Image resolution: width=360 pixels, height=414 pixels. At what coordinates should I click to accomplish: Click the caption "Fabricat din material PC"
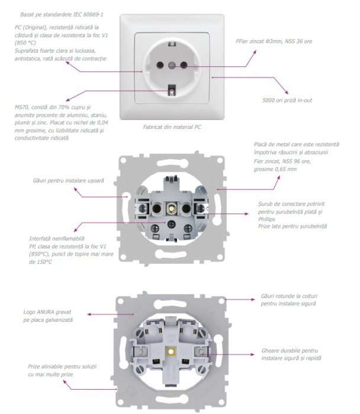point(172,127)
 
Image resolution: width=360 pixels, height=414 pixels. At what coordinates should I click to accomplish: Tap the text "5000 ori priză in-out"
point(287,101)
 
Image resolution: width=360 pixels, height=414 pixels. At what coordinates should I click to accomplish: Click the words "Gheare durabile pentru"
point(285,351)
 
